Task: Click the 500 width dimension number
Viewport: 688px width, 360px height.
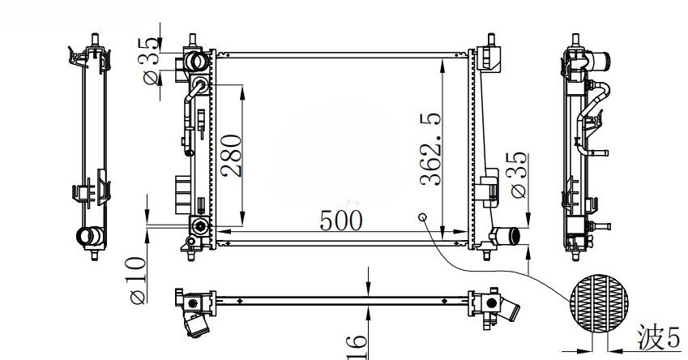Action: (x=341, y=220)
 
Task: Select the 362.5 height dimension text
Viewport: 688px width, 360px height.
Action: (x=430, y=149)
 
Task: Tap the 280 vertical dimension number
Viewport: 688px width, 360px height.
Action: (x=231, y=156)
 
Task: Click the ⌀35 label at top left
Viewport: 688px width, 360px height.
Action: (x=150, y=61)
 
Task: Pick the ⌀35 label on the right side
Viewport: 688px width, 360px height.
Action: (x=516, y=174)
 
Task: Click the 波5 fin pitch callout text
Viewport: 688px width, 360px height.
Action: (x=658, y=337)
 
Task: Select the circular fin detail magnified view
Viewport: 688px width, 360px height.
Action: (x=600, y=304)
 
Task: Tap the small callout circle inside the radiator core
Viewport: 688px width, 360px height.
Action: (x=422, y=216)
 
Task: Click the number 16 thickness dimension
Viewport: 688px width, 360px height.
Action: (x=357, y=348)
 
